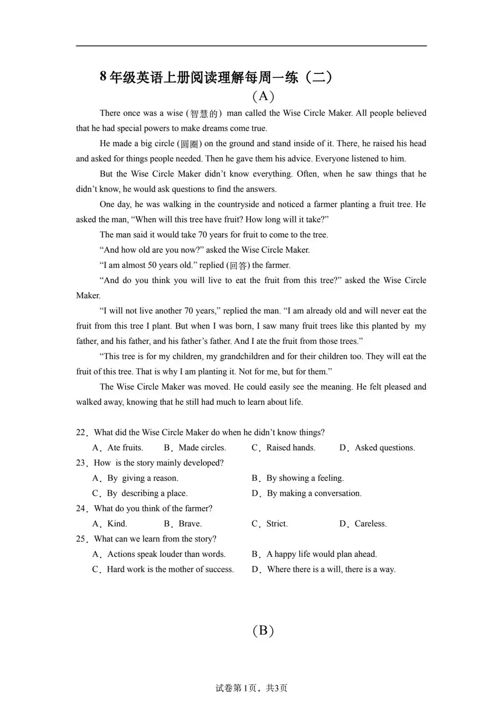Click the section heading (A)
(x=263, y=96)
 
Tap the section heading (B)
(x=263, y=630)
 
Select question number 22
(x=81, y=432)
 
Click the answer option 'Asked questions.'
(x=384, y=448)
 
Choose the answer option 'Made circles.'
(x=202, y=448)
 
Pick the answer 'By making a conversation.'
(x=314, y=493)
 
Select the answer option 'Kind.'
(x=117, y=523)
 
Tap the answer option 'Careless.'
(x=370, y=523)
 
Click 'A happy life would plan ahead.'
(x=321, y=554)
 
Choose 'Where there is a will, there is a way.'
(x=331, y=569)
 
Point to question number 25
(x=81, y=539)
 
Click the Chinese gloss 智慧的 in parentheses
(x=204, y=114)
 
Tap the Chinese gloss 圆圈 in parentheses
(x=190, y=144)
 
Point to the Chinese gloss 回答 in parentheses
(x=239, y=265)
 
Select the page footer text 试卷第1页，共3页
(x=251, y=688)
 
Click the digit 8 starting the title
(x=103, y=76)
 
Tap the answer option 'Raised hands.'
(x=290, y=448)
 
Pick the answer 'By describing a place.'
(x=147, y=493)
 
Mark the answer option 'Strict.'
(x=277, y=523)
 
